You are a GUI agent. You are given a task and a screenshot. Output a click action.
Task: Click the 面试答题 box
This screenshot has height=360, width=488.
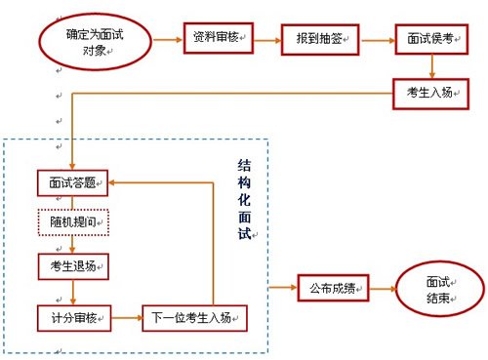pyautogui.click(x=72, y=182)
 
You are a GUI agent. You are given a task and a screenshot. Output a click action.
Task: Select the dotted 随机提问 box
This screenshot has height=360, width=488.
pyautogui.click(x=72, y=222)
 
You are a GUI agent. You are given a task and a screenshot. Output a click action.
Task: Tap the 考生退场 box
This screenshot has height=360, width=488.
pyautogui.click(x=72, y=264)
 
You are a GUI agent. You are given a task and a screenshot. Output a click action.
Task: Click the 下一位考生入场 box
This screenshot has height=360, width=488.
pyautogui.click(x=193, y=316)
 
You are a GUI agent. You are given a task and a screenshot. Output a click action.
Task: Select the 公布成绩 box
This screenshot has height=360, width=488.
pyautogui.click(x=332, y=289)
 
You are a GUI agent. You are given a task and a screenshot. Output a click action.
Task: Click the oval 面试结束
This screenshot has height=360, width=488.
pyautogui.click(x=438, y=290)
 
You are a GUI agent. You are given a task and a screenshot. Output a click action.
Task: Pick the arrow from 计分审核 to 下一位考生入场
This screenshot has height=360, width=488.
pyautogui.click(x=127, y=316)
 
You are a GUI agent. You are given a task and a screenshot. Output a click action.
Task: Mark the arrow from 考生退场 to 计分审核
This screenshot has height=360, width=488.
pyautogui.click(x=73, y=290)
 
